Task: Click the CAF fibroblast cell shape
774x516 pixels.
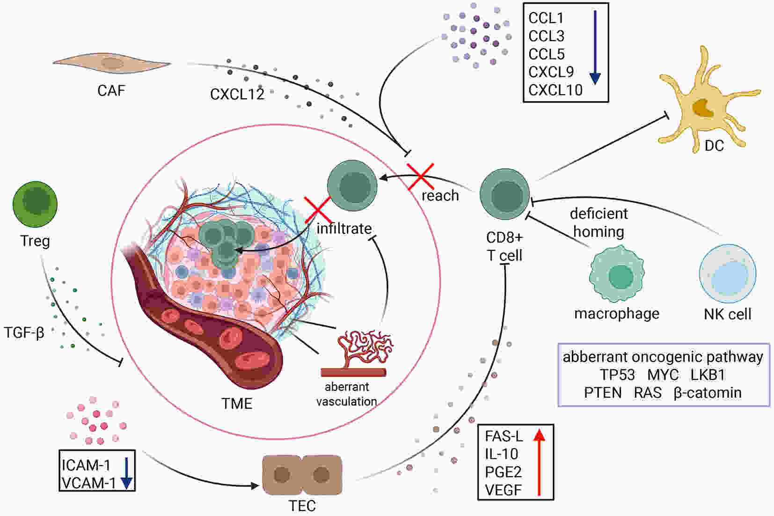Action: tap(111, 63)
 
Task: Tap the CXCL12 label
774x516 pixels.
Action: tap(237, 94)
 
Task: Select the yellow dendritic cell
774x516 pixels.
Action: tap(709, 100)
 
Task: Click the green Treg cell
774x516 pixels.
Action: tap(35, 204)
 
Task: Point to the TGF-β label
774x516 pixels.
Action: tap(24, 333)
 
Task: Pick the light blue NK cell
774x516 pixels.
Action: tap(728, 273)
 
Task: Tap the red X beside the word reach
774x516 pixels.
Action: tap(421, 177)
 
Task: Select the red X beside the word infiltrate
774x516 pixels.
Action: tap(318, 210)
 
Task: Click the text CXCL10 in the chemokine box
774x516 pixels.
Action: tap(555, 90)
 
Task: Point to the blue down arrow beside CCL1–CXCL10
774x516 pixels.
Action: tap(595, 47)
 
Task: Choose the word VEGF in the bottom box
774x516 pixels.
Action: tap(503, 490)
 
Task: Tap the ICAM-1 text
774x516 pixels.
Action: tap(86, 465)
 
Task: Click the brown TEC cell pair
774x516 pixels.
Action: tap(302, 475)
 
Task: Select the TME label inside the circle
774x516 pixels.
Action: tap(237, 404)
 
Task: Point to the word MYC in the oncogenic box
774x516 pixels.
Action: tap(663, 375)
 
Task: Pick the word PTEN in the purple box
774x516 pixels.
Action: tap(603, 393)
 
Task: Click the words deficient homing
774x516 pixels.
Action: tap(599, 222)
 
